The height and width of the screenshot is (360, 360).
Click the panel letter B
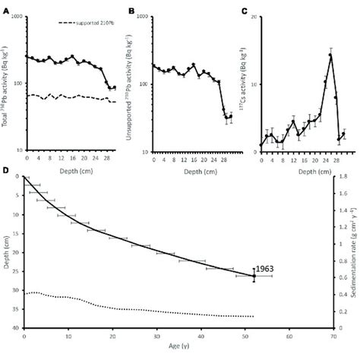[132, 11]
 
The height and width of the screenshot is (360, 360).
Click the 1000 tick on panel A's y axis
[15, 17]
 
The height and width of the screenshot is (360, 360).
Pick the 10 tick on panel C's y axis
[251, 84]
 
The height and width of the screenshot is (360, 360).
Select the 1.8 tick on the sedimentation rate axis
[343, 178]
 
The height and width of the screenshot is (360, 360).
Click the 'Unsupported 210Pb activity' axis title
[125, 84]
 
